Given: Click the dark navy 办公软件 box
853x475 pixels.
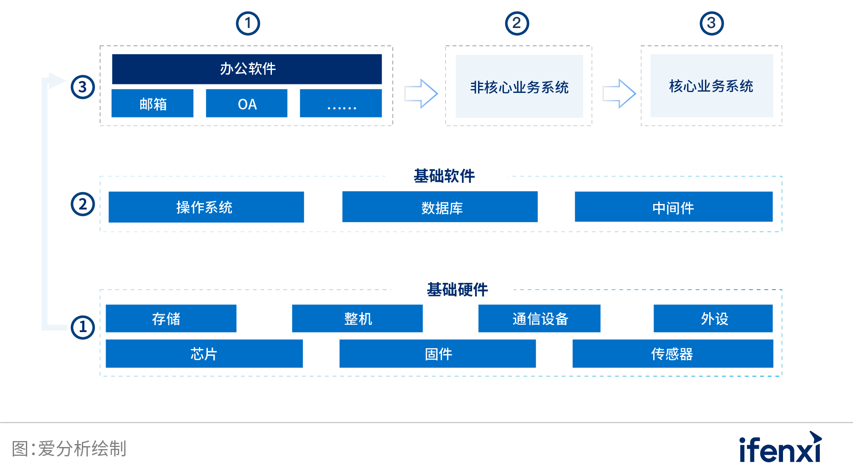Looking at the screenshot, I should [247, 69].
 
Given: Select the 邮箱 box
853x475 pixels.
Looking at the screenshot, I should [152, 103].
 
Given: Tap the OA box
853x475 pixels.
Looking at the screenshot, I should [246, 103].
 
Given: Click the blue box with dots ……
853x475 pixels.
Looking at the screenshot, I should [341, 103].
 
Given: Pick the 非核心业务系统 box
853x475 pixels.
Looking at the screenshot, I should [519, 87].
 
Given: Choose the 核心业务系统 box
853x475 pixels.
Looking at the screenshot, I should [711, 86].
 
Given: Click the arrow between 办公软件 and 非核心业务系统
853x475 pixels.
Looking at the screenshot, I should [421, 93].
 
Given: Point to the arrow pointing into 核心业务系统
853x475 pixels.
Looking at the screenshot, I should [619, 93].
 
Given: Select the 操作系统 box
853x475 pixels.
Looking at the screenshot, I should [206, 207].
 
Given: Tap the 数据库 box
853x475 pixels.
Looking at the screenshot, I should [440, 207].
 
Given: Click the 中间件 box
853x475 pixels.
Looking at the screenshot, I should [673, 207].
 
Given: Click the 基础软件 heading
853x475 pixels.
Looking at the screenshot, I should [444, 176].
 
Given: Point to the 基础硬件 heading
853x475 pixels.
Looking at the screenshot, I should [457, 290].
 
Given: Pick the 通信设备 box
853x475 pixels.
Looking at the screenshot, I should [539, 319].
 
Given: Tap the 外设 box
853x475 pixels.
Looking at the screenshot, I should [713, 319].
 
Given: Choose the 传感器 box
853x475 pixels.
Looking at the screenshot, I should [672, 354].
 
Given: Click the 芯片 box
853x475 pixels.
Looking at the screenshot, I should [204, 354].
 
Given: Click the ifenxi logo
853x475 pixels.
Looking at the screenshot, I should [780, 448].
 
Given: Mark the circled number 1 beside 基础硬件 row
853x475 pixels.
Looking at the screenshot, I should [83, 327].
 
